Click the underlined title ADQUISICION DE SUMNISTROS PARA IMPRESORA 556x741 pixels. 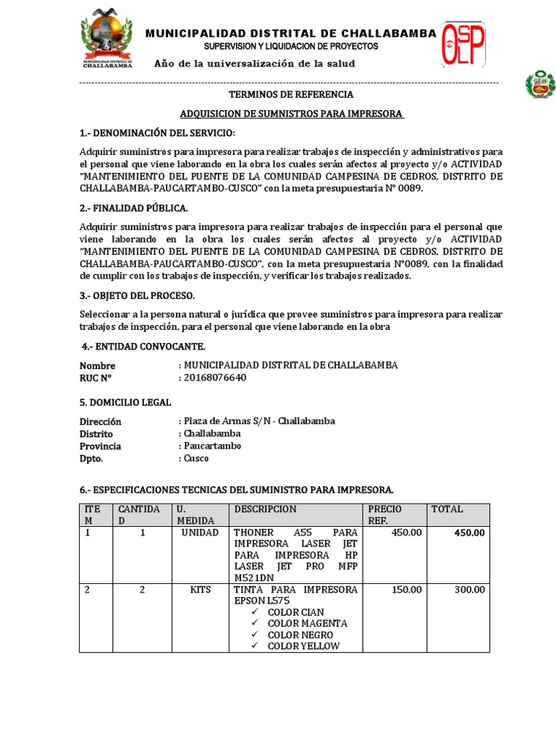pyautogui.click(x=292, y=114)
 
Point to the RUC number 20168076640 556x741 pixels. pyautogui.click(x=215, y=377)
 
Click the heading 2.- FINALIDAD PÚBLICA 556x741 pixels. pyautogui.click(x=134, y=208)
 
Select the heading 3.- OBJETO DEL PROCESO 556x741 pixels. pyautogui.click(x=137, y=296)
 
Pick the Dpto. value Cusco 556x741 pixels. pyautogui.click(x=196, y=458)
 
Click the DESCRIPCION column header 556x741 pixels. pyautogui.click(x=265, y=509)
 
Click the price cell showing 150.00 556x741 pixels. pyautogui.click(x=406, y=590)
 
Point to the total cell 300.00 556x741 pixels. pyautogui.click(x=469, y=590)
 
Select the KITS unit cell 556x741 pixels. pyautogui.click(x=200, y=590)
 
